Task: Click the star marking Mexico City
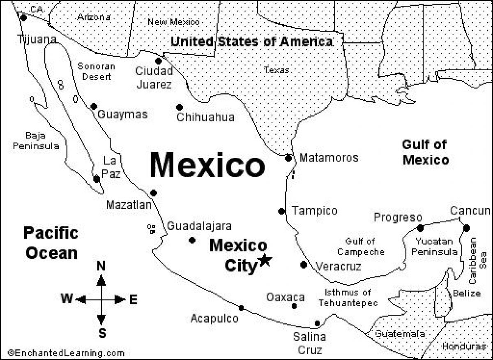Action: tap(265, 260)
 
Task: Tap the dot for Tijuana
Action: tap(24, 18)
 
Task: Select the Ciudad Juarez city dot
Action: tap(158, 61)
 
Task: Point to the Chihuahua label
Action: tap(205, 118)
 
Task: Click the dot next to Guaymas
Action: tap(94, 106)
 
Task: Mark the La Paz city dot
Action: tap(97, 179)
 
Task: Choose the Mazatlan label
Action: tap(129, 205)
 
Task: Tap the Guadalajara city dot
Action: tap(192, 240)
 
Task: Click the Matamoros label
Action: tap(329, 158)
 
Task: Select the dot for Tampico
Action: tap(281, 211)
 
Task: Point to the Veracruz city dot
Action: tap(304, 265)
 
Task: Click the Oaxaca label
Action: tap(285, 297)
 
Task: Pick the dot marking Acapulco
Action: tap(241, 308)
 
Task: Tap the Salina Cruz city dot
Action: tap(317, 323)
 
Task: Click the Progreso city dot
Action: tap(420, 228)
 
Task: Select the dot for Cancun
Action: tap(466, 228)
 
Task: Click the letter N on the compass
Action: tap(101, 267)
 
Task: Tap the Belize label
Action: tap(467, 293)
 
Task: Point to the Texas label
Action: tap(276, 70)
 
